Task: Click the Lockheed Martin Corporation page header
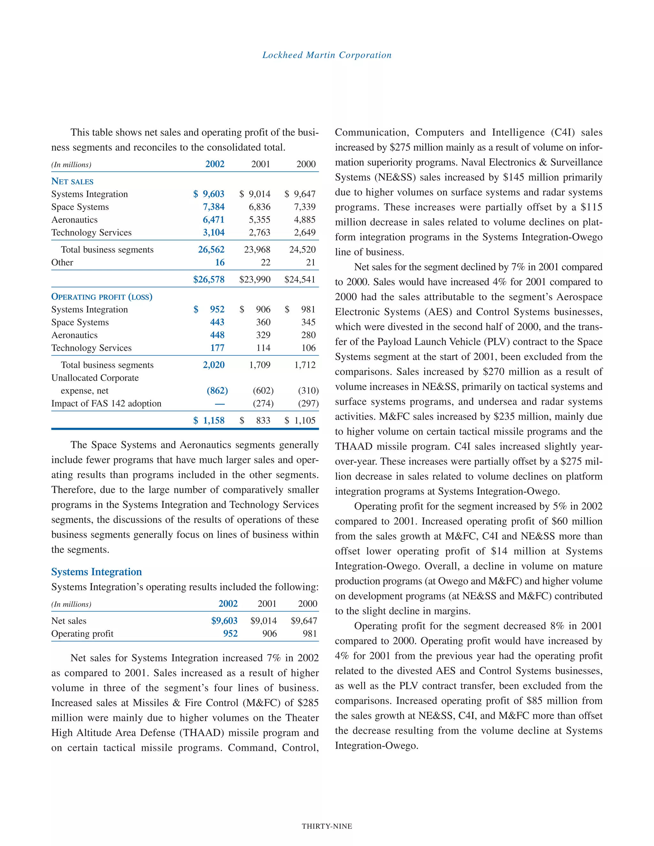[x=327, y=55]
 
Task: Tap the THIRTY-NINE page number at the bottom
[x=327, y=826]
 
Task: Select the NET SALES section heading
[x=72, y=181]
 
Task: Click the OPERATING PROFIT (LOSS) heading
[x=102, y=297]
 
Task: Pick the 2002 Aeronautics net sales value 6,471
[x=214, y=220]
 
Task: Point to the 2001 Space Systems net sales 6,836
[x=260, y=207]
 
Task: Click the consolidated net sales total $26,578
[x=209, y=279]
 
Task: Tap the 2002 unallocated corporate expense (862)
[x=217, y=390]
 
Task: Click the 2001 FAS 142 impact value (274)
[x=263, y=403]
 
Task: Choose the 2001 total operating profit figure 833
[x=263, y=420]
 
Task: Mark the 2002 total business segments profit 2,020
[x=214, y=365]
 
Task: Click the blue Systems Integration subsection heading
[x=96, y=572]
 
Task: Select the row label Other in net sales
[x=62, y=262]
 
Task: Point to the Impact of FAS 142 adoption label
[x=106, y=403]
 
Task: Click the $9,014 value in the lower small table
[x=263, y=621]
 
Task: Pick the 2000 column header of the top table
[x=306, y=164]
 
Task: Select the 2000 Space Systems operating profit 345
[x=308, y=322]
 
